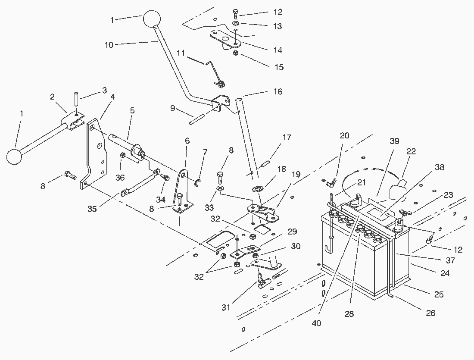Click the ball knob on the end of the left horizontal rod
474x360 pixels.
point(14,157)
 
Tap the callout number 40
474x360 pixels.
point(316,323)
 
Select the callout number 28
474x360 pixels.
point(349,314)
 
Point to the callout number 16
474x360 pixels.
point(278,91)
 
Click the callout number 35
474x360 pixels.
point(92,208)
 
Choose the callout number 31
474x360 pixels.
point(225,307)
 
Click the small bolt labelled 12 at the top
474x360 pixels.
point(236,14)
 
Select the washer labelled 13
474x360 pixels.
point(236,23)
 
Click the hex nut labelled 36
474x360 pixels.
point(123,155)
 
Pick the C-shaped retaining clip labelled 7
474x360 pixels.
point(196,183)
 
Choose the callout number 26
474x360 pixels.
point(430,313)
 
